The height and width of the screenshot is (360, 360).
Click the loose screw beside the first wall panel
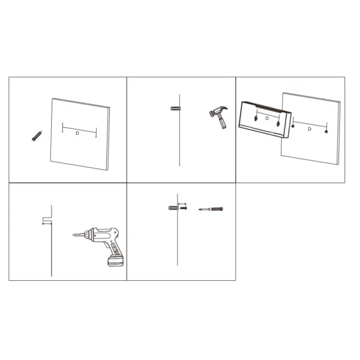click(x=36, y=136)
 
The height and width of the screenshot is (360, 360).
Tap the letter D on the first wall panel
click(x=78, y=134)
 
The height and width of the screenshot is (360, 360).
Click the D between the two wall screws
click(x=309, y=129)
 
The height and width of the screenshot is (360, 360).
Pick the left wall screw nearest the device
click(x=293, y=127)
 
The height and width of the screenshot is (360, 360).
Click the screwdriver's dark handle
click(x=217, y=209)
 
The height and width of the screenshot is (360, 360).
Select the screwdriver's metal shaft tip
click(x=202, y=209)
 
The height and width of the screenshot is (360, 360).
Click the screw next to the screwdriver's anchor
click(x=184, y=209)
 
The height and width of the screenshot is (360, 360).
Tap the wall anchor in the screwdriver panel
click(x=174, y=209)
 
